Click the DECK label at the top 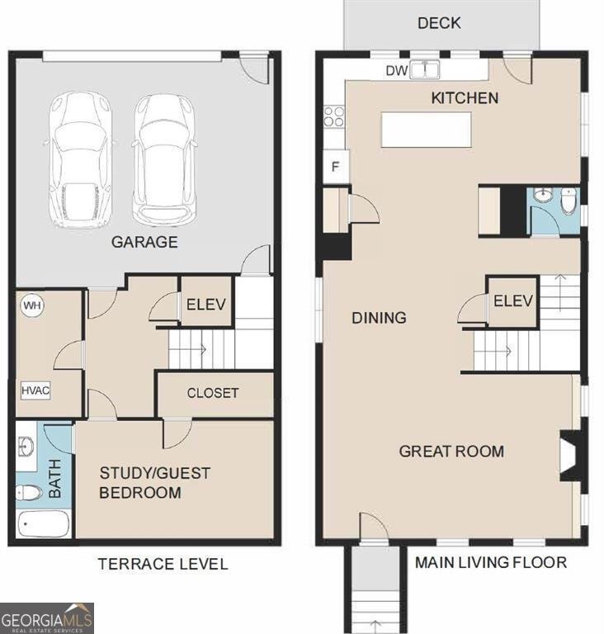pyautogui.click(x=439, y=23)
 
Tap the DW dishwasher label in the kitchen pyautogui.click(x=397, y=71)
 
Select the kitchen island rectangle pyautogui.click(x=426, y=130)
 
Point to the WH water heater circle pyautogui.click(x=32, y=305)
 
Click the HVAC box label pyautogui.click(x=35, y=390)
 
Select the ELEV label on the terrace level pyautogui.click(x=206, y=304)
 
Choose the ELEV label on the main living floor pyautogui.click(x=513, y=301)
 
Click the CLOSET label pyautogui.click(x=213, y=393)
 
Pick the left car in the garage pyautogui.click(x=78, y=159)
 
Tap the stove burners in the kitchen pyautogui.click(x=334, y=116)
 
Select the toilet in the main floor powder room pyautogui.click(x=568, y=201)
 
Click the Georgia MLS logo pyautogui.click(x=47, y=617)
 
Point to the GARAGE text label pyautogui.click(x=145, y=242)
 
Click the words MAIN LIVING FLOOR pyautogui.click(x=490, y=563)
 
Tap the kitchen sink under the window pyautogui.click(x=426, y=70)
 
